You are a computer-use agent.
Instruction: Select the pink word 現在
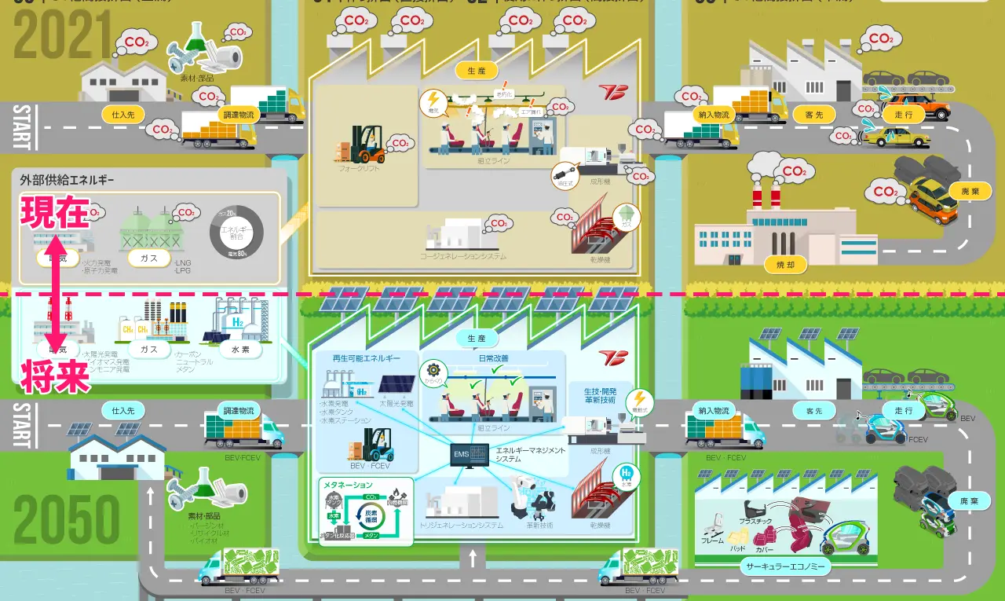55,212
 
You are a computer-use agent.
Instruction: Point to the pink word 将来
55,376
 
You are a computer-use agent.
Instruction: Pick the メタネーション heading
347,486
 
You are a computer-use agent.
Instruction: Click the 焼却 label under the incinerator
785,265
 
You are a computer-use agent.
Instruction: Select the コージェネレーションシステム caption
463,256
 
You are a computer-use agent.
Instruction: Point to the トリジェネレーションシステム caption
462,525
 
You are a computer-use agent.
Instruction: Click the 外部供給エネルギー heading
68,180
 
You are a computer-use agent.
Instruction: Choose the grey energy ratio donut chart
236,233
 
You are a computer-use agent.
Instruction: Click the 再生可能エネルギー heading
361,358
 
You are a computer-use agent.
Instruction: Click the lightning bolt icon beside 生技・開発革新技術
641,398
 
